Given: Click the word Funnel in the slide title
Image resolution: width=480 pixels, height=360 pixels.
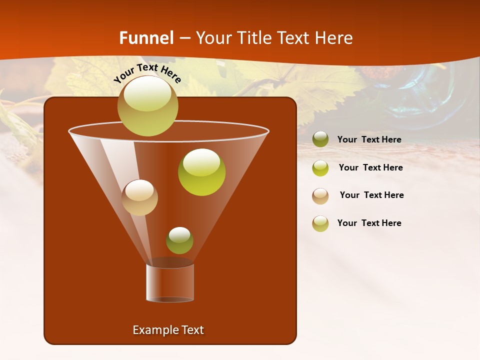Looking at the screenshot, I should point(146,38).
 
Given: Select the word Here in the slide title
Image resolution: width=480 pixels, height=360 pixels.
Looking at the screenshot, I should point(334,38).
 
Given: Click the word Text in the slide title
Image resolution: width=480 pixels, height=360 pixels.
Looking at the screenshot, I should point(295,38).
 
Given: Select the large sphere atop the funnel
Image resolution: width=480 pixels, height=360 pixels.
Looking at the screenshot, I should point(147,105).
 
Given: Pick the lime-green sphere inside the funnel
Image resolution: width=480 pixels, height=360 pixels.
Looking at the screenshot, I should point(201,172).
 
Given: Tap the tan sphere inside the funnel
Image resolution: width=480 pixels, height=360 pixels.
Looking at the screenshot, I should point(139,197).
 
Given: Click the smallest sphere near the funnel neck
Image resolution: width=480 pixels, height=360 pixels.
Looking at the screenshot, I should point(179,240).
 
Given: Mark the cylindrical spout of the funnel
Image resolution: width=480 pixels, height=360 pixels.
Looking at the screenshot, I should point(170,282).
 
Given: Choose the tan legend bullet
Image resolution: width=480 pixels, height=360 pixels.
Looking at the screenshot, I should point(320,196).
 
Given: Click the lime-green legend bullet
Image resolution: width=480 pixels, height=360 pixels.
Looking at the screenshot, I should point(320,168).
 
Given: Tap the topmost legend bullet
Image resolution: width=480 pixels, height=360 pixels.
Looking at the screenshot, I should point(320,139).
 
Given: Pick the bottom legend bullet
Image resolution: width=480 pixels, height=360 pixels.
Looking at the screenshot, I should point(320,223).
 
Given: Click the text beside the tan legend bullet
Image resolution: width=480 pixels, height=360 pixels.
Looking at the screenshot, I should point(371,195).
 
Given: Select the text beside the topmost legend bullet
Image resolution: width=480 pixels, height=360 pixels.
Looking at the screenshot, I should point(369,139).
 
